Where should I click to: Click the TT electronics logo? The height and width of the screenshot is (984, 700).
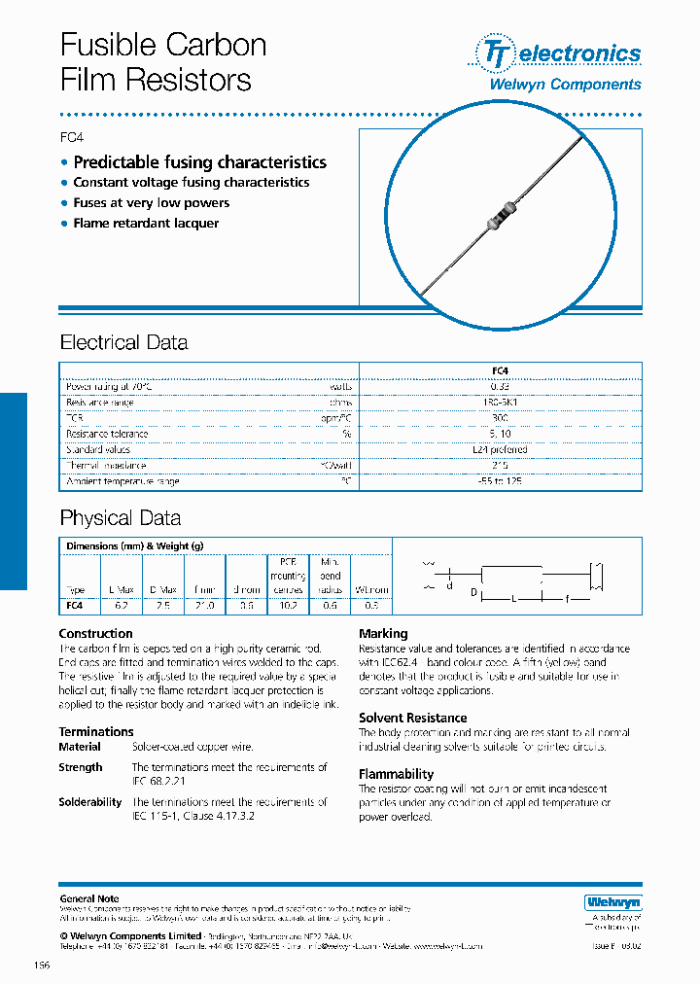557,53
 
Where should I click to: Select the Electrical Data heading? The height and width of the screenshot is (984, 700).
123,343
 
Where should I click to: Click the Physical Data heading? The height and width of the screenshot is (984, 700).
120,518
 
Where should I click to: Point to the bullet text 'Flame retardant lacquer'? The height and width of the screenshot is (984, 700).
146,224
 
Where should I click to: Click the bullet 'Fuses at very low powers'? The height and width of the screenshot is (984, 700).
151,203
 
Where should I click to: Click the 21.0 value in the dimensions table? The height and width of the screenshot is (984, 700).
205,605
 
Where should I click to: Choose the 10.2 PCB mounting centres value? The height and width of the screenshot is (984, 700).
287,605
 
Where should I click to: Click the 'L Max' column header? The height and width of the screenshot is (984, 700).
122,590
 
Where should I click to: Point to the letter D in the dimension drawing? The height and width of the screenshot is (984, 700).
473,591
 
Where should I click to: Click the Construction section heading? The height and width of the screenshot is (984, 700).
95,634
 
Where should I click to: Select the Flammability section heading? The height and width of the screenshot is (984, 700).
396,774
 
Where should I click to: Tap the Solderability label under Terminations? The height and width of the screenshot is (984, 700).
89,802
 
